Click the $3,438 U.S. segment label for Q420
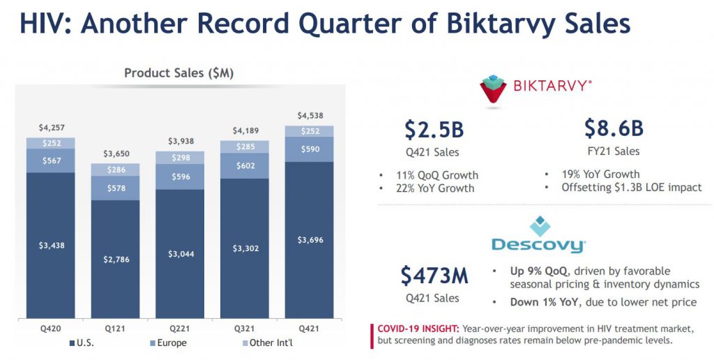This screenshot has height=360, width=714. click(x=52, y=245)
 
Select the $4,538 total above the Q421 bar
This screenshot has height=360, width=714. click(x=310, y=116)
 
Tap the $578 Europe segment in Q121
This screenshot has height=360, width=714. click(x=116, y=188)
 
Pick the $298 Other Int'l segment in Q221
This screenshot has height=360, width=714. click(x=181, y=158)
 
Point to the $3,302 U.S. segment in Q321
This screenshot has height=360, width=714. click(x=245, y=248)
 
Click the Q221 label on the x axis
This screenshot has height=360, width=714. click(x=180, y=328)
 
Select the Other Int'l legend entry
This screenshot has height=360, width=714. click(x=267, y=343)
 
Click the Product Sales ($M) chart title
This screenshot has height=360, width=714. click(x=179, y=73)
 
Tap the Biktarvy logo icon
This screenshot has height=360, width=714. click(x=493, y=89)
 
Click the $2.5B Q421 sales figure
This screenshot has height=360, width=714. click(x=434, y=129)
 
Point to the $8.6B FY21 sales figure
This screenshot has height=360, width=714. click(x=614, y=128)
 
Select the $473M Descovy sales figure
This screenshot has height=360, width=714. click(x=434, y=276)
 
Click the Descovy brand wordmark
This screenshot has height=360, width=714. click(x=539, y=245)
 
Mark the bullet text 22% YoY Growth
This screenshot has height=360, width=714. click(x=435, y=188)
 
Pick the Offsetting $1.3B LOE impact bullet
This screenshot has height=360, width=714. click(x=632, y=187)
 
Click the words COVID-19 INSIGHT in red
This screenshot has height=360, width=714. click(x=418, y=329)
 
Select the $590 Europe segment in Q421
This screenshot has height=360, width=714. click(x=310, y=149)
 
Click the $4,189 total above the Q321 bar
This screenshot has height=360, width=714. click(x=245, y=130)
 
